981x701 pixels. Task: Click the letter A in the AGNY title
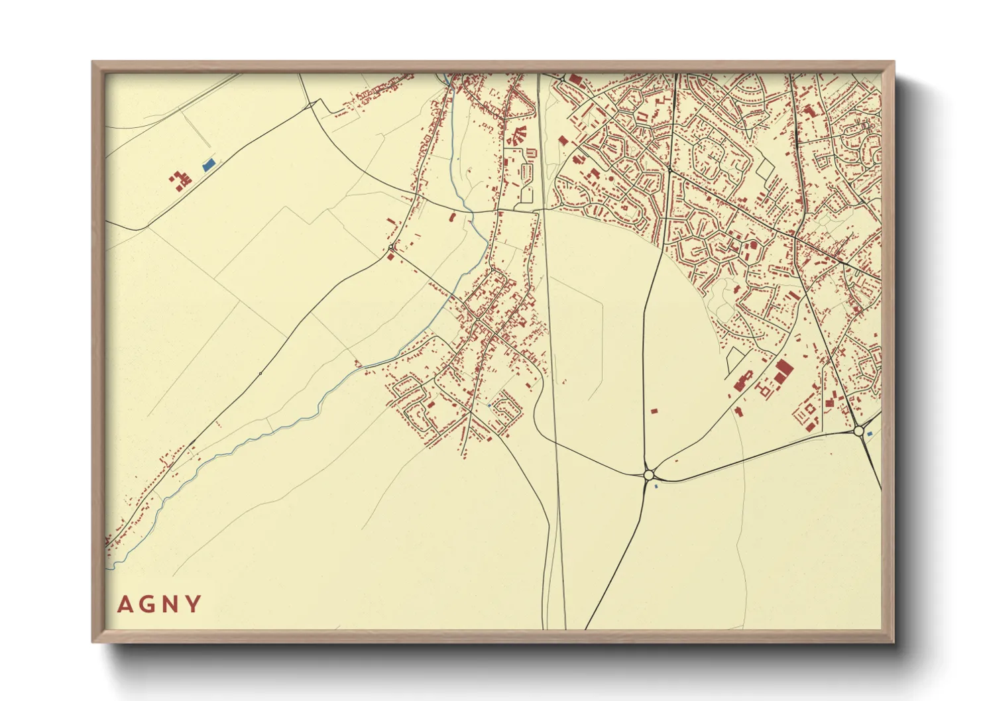(124, 604)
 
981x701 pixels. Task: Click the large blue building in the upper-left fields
(209, 164)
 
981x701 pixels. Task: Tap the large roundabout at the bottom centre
(649, 474)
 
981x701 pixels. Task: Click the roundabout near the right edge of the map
(859, 431)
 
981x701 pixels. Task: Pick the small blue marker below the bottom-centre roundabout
(656, 487)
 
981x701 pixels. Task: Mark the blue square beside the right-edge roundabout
(870, 433)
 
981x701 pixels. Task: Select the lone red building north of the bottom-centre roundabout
(654, 411)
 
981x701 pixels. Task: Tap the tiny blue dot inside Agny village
(489, 405)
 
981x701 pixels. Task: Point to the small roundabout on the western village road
(392, 248)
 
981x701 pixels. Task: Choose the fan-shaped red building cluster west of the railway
(516, 135)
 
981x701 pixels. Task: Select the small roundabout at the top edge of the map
(563, 79)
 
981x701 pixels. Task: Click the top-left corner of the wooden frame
(93, 62)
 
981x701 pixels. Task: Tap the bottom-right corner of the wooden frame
(894, 641)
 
